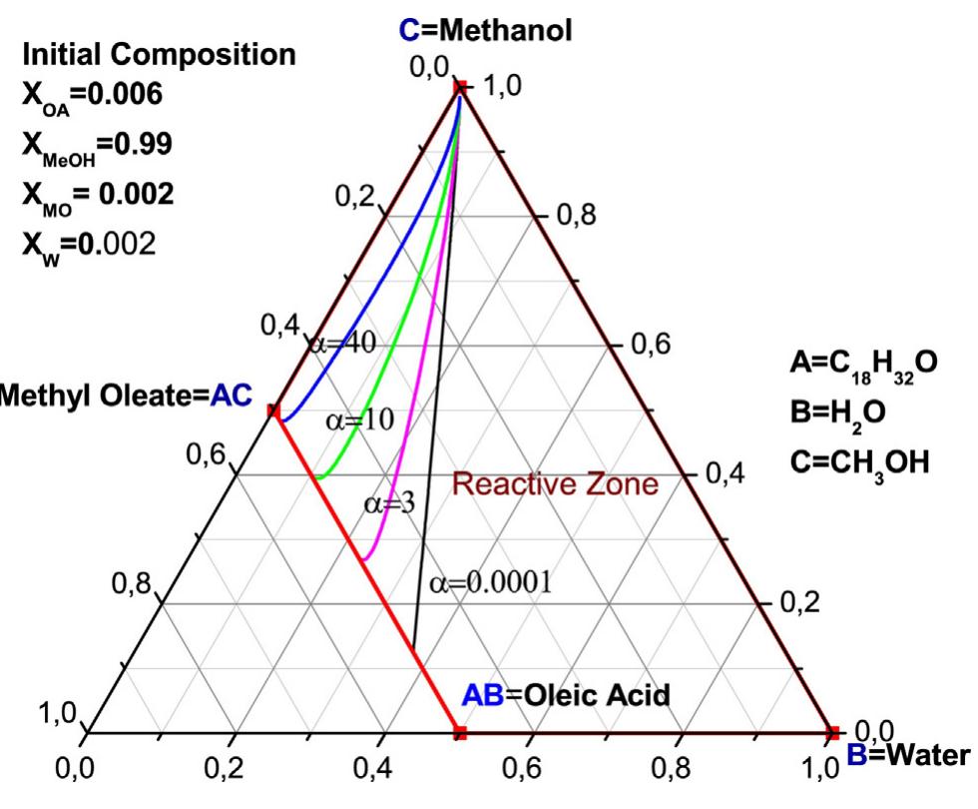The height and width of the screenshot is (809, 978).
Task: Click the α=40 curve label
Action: (x=341, y=344)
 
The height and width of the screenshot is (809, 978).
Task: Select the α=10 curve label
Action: (x=360, y=420)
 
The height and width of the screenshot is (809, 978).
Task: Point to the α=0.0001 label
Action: (x=490, y=582)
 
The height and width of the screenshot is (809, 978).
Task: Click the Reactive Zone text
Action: (x=556, y=485)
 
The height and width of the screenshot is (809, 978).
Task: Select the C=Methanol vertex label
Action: (x=486, y=31)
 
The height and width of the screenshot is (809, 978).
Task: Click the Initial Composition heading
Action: (x=159, y=54)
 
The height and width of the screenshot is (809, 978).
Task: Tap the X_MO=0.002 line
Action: (x=97, y=194)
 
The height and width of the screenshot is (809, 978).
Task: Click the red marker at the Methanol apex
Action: (x=460, y=87)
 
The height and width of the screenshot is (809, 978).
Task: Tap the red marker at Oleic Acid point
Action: (x=460, y=734)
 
